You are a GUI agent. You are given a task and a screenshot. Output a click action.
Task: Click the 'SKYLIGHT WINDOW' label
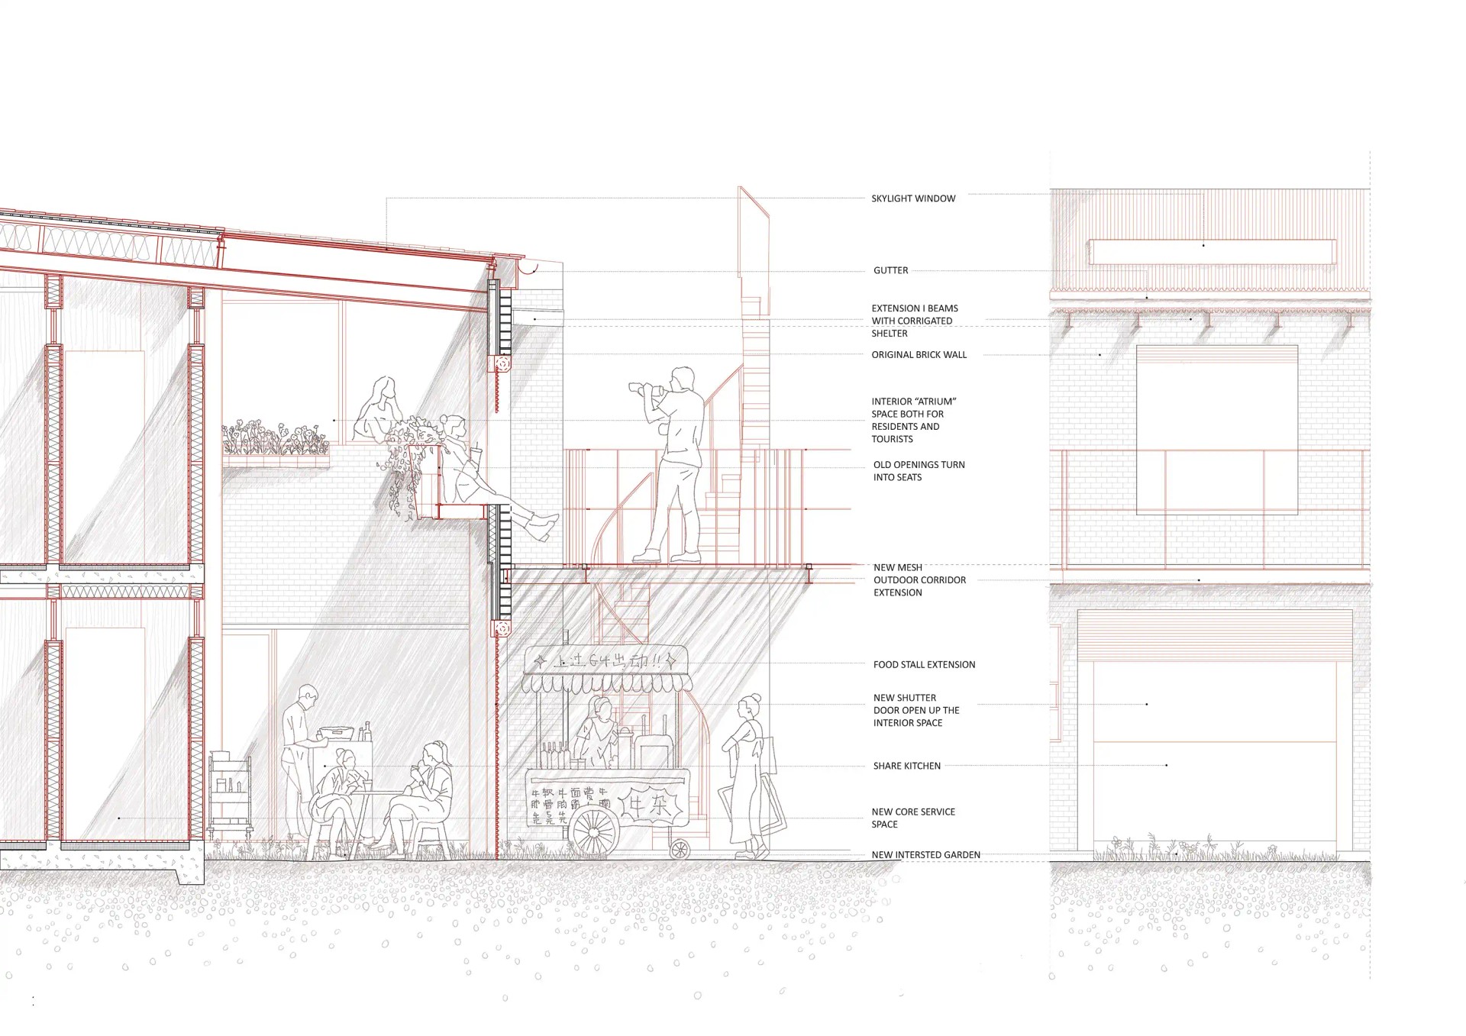coord(913,198)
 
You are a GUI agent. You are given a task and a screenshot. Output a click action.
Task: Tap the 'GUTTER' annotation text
coord(890,270)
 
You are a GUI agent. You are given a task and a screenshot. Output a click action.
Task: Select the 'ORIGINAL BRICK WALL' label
coord(919,355)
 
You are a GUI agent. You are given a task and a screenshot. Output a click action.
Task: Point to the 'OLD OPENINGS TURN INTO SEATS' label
coord(919,471)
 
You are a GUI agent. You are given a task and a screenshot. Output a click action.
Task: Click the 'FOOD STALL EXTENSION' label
coord(924,665)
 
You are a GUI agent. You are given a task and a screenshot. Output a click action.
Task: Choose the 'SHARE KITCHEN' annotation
coord(906,766)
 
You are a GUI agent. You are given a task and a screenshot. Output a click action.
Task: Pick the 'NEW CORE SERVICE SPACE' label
coord(912,818)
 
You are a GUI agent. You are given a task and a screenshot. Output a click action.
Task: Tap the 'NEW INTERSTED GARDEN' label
coord(925,855)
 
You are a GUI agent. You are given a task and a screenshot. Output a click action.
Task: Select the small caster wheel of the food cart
coord(678,849)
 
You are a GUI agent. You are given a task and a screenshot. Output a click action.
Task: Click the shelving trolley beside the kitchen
coord(230,794)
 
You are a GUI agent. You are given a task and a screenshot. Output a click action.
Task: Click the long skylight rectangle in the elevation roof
coord(1211,252)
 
